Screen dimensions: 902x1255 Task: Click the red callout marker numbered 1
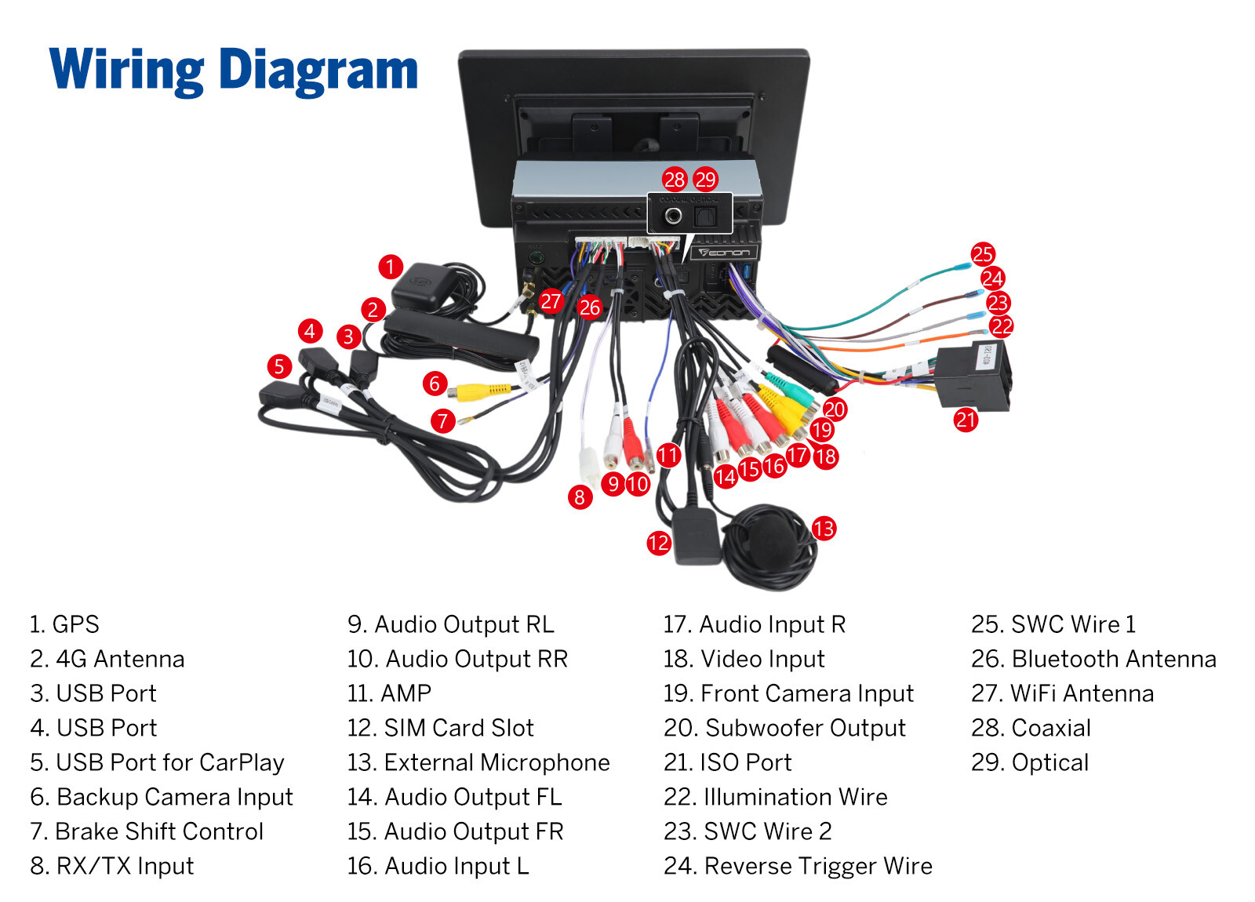click(390, 267)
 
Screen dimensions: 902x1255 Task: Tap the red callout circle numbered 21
click(966, 420)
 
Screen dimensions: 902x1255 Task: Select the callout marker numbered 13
click(824, 529)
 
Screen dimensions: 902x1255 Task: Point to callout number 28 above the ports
click(675, 180)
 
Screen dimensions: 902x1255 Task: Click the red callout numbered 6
click(435, 384)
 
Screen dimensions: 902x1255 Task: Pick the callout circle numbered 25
click(983, 254)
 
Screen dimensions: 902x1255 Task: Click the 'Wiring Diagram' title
click(234, 71)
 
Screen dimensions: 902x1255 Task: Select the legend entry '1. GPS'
click(64, 624)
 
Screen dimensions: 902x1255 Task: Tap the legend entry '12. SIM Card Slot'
click(440, 728)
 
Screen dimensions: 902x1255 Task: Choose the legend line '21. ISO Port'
click(727, 762)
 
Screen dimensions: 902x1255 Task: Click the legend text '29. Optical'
click(1030, 762)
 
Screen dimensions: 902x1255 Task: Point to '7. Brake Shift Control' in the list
click(147, 831)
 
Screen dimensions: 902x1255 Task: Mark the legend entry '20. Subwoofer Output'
click(784, 728)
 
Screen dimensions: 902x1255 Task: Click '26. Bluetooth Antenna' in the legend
click(1093, 659)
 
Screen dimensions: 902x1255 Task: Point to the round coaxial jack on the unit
click(673, 215)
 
